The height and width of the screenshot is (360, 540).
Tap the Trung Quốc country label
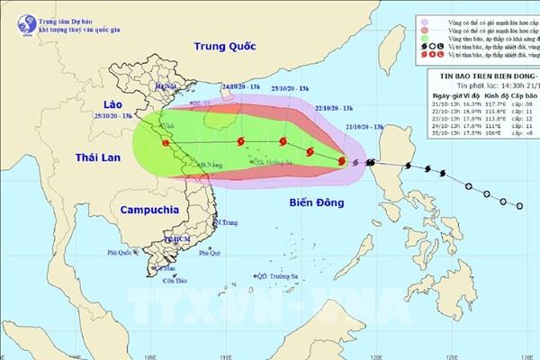pyautogui.click(x=230, y=46)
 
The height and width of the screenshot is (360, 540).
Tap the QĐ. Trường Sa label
pyautogui.click(x=276, y=277)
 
